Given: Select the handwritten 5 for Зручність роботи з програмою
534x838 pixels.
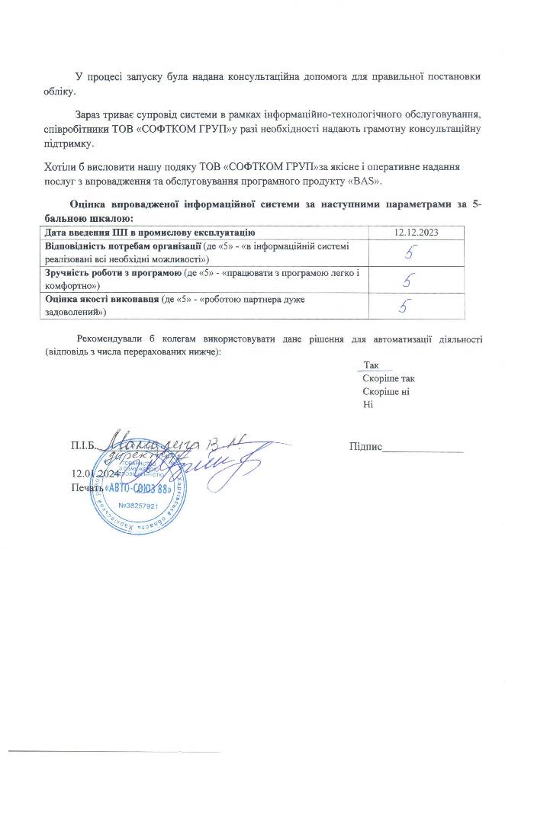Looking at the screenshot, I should click(x=409, y=279).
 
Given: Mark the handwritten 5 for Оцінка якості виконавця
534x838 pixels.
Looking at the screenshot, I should click(x=404, y=307).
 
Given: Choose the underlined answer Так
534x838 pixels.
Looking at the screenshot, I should click(x=372, y=366).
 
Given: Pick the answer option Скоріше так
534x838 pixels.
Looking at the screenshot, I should click(x=389, y=379).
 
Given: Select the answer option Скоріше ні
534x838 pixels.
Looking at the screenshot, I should click(x=387, y=391).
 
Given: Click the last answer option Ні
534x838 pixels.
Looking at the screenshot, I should click(x=368, y=404).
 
